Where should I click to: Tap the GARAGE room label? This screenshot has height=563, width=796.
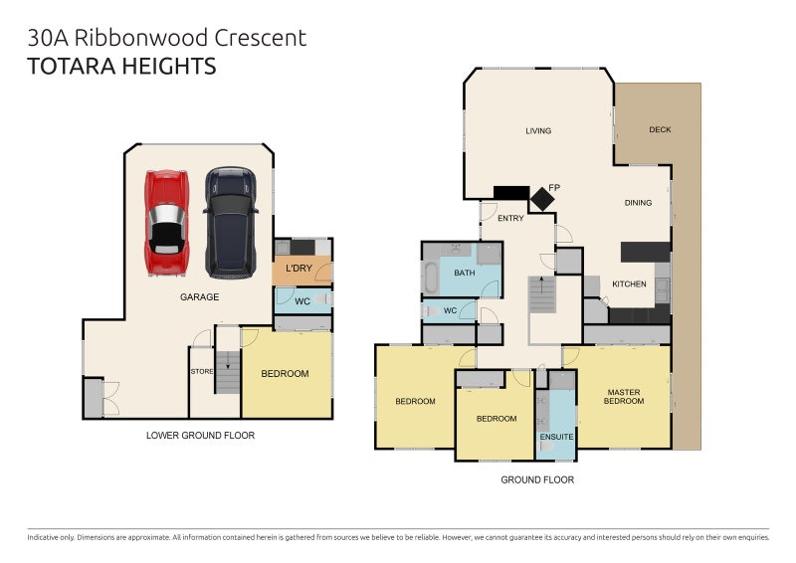(199, 296)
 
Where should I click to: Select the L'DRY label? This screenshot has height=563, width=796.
(299, 270)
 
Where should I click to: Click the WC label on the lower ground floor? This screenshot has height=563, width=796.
(302, 299)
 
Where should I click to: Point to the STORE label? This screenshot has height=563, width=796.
(202, 372)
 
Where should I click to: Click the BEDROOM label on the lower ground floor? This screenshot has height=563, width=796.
(285, 374)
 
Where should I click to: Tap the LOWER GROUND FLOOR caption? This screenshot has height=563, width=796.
(200, 435)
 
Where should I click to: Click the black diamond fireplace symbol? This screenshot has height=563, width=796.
(542, 198)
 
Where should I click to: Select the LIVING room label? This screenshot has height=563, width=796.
(538, 130)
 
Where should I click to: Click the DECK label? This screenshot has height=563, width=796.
(660, 129)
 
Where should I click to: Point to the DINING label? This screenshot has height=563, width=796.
(638, 203)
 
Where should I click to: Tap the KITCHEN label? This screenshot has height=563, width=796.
(629, 283)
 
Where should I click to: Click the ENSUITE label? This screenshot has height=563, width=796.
(557, 437)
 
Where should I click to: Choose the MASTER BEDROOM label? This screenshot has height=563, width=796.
(624, 396)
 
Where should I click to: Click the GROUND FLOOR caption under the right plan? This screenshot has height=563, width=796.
(537, 479)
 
